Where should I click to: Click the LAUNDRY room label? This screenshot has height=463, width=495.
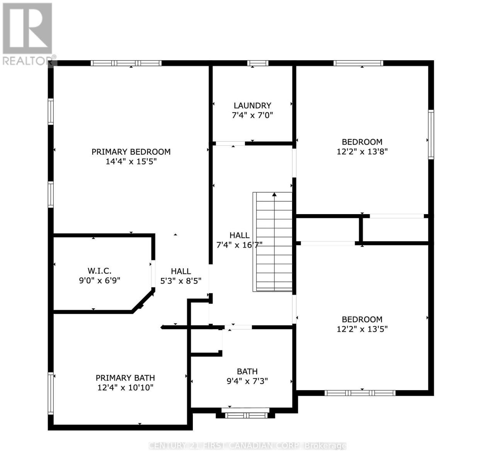252,105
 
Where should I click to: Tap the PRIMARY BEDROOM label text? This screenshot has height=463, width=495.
131,152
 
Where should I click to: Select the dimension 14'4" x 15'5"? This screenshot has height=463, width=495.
131,162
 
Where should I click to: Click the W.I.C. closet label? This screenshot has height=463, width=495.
99,271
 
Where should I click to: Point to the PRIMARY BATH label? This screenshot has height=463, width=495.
125,378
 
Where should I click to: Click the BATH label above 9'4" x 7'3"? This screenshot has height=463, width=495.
247,372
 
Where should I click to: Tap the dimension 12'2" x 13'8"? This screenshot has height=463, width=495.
362,152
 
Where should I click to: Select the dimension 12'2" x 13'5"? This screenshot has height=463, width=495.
362,329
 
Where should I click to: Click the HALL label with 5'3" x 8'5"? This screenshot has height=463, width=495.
181,271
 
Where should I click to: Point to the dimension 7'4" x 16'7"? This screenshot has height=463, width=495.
240,244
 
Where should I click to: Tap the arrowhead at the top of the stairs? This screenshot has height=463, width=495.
274,194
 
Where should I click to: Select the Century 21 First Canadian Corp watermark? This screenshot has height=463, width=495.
247,446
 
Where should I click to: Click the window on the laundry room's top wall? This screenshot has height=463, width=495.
258,63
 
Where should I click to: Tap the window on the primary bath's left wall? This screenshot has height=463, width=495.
51,393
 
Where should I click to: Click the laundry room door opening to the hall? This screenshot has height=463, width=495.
230,144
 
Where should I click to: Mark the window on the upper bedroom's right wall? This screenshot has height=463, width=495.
431,134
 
